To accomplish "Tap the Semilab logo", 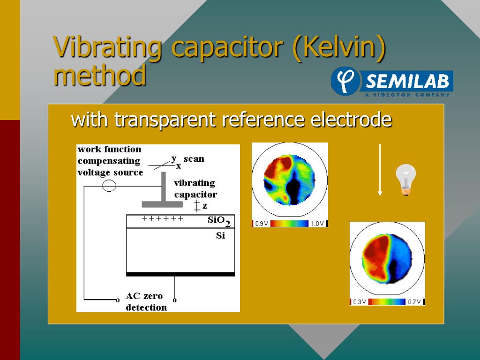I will point(392,82).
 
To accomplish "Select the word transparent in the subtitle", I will point(165,120).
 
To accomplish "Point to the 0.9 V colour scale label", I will point(262,224).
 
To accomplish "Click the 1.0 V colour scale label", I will point(317,224).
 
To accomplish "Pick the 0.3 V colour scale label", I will point(360,302).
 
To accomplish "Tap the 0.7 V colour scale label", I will point(415,302).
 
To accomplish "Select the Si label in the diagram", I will point(220,235).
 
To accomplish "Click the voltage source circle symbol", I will point(109,186).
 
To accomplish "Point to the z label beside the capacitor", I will point(205,205).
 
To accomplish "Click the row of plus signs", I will point(162,218).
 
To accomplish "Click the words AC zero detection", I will point(146,301).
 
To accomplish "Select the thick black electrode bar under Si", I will point(180,274).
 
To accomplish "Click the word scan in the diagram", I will point(194,158).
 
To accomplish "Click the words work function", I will point(109,149).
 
